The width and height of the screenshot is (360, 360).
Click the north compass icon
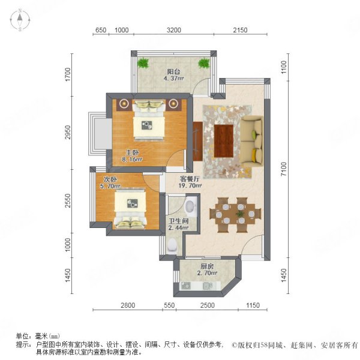[20, 20]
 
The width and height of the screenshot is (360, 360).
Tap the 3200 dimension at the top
[173, 30]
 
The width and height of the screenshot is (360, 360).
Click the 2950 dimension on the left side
[70, 133]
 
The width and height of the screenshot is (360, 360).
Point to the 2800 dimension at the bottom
[126, 306]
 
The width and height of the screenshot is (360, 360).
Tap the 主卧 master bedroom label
[133, 152]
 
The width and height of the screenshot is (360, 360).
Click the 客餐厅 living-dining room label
[190, 178]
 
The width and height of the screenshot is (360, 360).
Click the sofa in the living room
[253, 137]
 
